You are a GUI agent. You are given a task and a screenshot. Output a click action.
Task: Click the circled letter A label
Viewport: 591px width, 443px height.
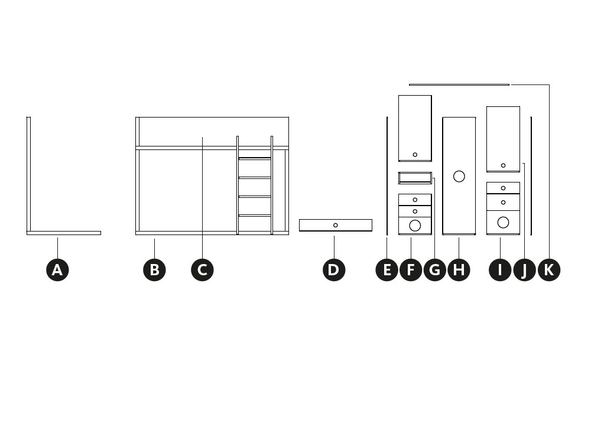tap(57, 270)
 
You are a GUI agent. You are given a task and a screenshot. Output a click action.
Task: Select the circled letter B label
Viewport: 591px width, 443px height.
tap(154, 270)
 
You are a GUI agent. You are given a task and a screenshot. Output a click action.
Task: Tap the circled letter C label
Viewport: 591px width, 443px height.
tap(202, 270)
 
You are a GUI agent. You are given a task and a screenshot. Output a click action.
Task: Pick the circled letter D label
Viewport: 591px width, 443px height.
tap(334, 270)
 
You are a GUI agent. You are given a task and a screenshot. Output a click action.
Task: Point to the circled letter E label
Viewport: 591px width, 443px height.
tap(387, 270)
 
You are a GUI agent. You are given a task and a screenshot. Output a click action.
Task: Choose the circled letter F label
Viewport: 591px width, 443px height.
tap(411, 270)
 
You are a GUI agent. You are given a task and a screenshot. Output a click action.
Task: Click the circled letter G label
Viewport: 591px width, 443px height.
tap(435, 270)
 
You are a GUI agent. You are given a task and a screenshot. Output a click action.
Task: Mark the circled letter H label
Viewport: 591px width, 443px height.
tap(459, 270)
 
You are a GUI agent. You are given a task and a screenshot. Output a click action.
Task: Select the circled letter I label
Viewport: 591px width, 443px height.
tap(500, 270)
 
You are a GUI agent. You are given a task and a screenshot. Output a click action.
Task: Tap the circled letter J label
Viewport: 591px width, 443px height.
tap(524, 270)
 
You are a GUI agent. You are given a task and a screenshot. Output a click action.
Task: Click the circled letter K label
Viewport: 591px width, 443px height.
tap(549, 270)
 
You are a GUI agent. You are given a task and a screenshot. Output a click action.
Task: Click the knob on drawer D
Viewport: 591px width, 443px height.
tap(336, 225)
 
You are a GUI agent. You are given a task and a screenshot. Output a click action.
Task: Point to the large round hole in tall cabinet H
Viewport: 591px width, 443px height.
tap(459, 176)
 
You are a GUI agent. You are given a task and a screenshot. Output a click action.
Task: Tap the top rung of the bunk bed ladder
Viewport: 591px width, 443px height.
tap(255, 158)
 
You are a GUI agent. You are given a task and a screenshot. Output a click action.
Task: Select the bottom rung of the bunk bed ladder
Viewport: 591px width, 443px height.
tap(255, 216)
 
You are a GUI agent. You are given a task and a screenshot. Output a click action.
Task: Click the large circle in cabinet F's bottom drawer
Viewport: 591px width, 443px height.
tap(415, 225)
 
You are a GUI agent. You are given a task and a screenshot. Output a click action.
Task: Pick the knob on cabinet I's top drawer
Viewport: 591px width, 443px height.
tap(503, 188)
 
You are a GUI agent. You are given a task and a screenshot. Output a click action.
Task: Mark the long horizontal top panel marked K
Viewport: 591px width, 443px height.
tap(459, 84)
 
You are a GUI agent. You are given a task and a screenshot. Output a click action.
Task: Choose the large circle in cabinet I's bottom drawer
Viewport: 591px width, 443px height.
tap(503, 222)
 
